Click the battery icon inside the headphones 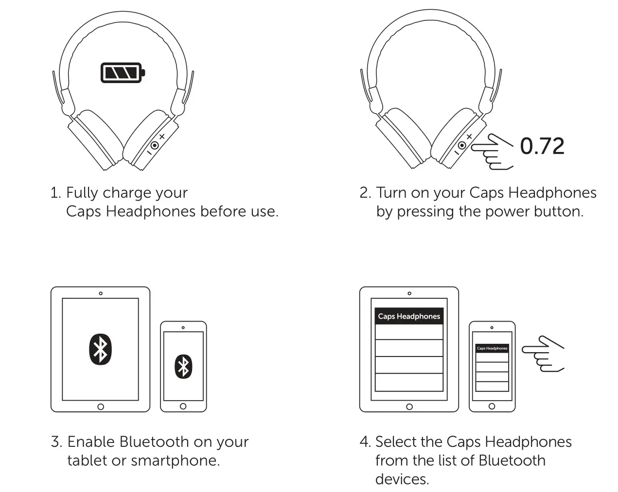coord(123,73)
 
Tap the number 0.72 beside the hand coord(542,146)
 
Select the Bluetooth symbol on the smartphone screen coord(183,367)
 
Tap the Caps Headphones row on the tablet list coord(409,316)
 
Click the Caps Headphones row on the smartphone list coord(492,348)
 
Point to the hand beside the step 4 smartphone coord(542,354)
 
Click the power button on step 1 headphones coord(155,145)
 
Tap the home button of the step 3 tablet coord(101,407)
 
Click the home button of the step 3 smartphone coord(183,406)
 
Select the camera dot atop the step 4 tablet coord(409,293)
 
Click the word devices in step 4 coord(402,479)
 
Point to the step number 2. coord(365,193)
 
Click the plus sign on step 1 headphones coord(162,137)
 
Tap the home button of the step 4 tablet coord(409,407)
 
